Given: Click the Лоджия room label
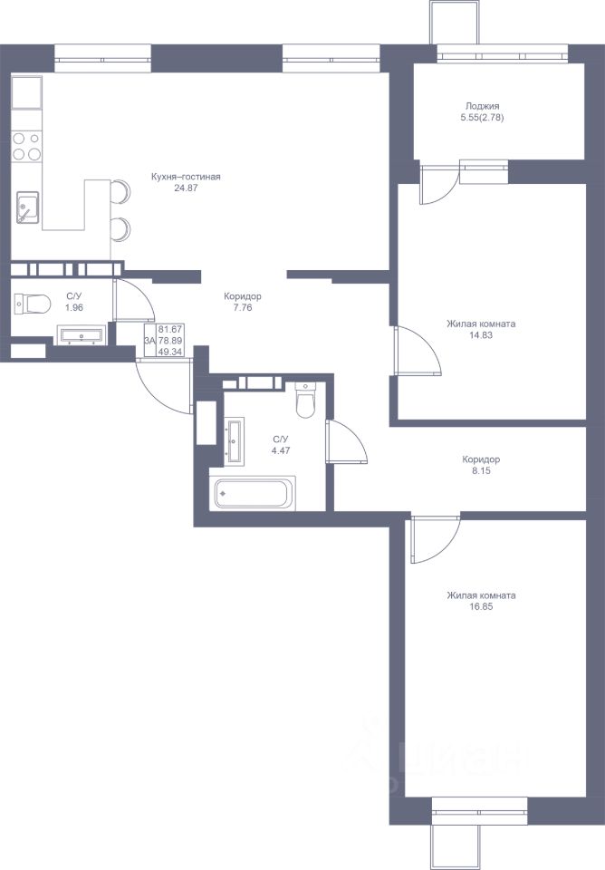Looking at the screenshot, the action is point(482,106).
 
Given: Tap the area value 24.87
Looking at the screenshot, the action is point(186,188).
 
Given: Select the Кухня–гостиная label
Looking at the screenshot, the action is point(186,177).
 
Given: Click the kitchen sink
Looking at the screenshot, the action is point(27,207).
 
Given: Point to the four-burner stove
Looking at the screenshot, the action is point(26,146).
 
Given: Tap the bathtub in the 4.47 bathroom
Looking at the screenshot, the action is point(253,493).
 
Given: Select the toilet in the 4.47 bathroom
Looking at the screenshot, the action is point(305,400).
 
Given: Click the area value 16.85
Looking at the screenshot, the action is point(481,606).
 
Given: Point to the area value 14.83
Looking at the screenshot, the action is point(481,335).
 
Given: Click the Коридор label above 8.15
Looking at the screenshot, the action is point(481,459).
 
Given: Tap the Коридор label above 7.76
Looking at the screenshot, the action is point(243,296).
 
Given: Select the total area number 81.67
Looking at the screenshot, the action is point(170,329).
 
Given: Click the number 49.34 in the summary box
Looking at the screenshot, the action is point(170,352).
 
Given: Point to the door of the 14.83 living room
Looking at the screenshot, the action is point(418,351).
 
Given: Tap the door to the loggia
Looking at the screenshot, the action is point(438,184).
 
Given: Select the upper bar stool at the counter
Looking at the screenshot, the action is point(120,192).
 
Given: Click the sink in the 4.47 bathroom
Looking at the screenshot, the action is point(235,442).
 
